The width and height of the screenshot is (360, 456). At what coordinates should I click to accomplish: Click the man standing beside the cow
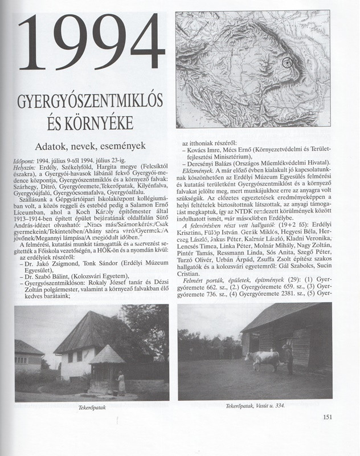(x=289, y=359)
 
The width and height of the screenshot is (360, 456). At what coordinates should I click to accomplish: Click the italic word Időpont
(x=24, y=161)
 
